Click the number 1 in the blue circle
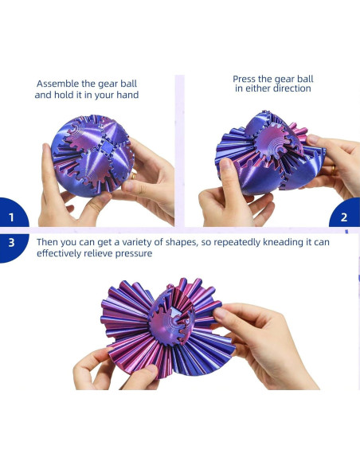[11, 217]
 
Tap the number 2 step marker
[344, 217]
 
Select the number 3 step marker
[11, 243]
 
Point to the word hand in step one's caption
[127, 95]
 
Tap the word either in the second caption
[257, 88]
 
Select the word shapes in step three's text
[181, 243]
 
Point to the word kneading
[283, 242]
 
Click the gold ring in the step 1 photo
[134, 175]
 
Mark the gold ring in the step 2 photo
[334, 170]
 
